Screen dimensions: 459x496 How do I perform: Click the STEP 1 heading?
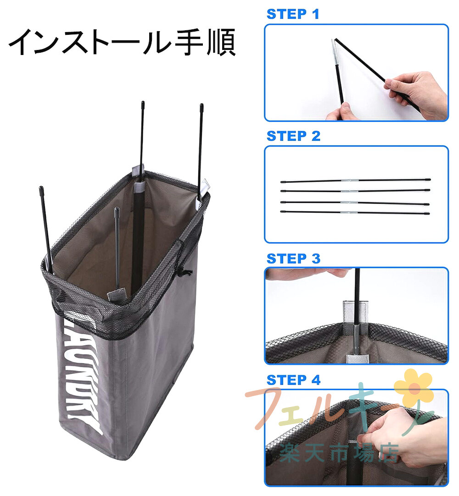click(x=293, y=14)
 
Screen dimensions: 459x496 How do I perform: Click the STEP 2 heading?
click(x=293, y=136)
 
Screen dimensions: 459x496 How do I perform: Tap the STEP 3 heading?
click(x=293, y=259)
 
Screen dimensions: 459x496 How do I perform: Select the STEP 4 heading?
click(x=293, y=380)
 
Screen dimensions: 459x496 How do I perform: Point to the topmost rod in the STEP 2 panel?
click(x=355, y=181)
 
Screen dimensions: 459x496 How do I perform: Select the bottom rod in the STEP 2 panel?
click(x=355, y=212)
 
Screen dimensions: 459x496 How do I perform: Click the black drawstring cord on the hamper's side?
click(x=186, y=272)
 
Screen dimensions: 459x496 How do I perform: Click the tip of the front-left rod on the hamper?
click(x=41, y=189)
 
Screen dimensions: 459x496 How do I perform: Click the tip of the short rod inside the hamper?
click(x=117, y=209)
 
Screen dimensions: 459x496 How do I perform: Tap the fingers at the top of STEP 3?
click(x=304, y=274)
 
